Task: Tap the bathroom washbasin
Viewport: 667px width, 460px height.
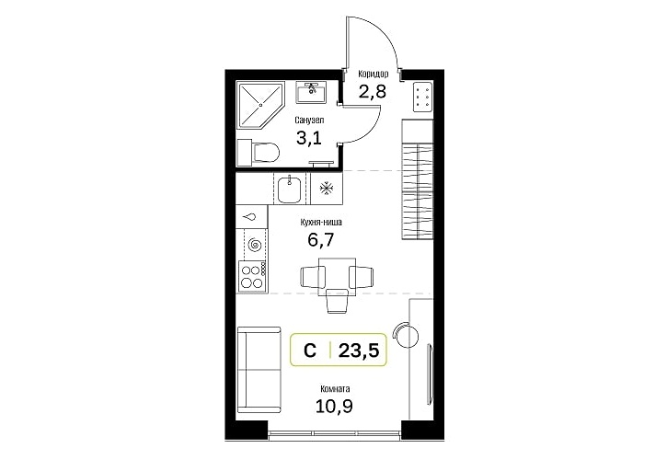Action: coord(311,92)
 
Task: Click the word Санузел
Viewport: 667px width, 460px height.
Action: coord(309,121)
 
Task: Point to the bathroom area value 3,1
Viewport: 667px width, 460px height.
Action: coord(309,138)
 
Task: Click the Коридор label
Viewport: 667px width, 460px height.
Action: coord(374,74)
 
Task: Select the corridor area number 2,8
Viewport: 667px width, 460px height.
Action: coord(373,91)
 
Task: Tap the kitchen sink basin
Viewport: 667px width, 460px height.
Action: coord(290,189)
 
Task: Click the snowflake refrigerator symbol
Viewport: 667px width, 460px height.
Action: coord(327,188)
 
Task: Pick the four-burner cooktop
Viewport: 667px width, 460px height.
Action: coord(252,276)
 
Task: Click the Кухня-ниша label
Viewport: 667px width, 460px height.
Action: coord(321,222)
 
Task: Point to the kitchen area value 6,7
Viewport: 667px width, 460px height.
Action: coord(321,240)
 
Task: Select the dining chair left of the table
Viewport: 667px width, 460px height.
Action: coord(313,277)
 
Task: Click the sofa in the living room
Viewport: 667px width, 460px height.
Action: coord(259,370)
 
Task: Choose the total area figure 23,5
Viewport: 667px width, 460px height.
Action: coord(358,351)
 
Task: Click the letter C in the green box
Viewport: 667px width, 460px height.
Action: coord(310,351)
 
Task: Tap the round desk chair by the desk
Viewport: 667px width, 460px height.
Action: coord(406,334)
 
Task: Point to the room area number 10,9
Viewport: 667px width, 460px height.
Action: coord(334,407)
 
